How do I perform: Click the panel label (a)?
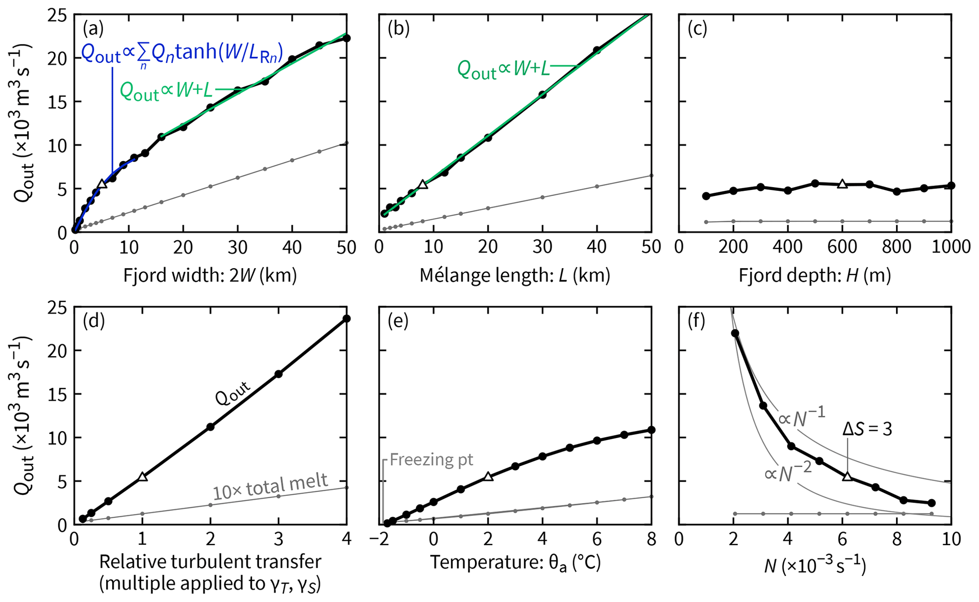pyautogui.click(x=93, y=29)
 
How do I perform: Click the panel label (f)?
pyautogui.click(x=696, y=322)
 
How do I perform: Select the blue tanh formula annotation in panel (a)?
pyautogui.click(x=182, y=54)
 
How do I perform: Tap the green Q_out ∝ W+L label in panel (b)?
pyautogui.click(x=503, y=70)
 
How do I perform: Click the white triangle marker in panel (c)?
pyautogui.click(x=842, y=183)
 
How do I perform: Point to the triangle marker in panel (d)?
pyautogui.click(x=143, y=476)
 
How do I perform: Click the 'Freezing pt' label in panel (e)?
pyautogui.click(x=431, y=459)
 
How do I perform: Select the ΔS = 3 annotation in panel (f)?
pyautogui.click(x=867, y=429)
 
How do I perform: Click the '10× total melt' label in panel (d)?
pyautogui.click(x=270, y=486)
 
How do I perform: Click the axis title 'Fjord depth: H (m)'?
pyautogui.click(x=815, y=275)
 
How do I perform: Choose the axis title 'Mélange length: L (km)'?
pyautogui.click(x=515, y=275)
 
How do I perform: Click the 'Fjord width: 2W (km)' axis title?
pyautogui.click(x=210, y=275)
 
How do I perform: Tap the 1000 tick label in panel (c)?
pyautogui.click(x=950, y=247)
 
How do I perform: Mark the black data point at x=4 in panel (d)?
pyautogui.click(x=347, y=318)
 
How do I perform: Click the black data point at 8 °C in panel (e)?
pyautogui.click(x=651, y=430)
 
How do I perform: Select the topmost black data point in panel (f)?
pyautogui.click(x=735, y=333)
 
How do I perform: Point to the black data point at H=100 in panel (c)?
pyautogui.click(x=706, y=196)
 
